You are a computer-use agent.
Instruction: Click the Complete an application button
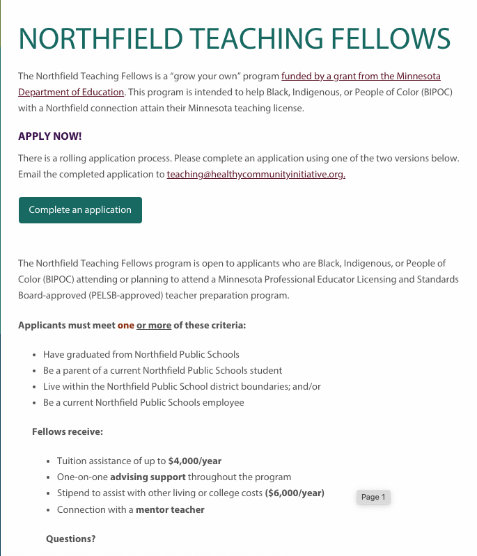[x=80, y=209]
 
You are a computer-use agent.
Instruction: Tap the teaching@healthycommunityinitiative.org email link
[x=256, y=175]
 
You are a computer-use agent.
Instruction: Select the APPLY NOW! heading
[x=50, y=136]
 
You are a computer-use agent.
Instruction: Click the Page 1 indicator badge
[x=373, y=497]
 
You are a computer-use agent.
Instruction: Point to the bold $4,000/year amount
[x=195, y=461]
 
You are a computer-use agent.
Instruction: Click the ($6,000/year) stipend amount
[x=295, y=493]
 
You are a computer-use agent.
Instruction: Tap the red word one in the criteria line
[x=125, y=325]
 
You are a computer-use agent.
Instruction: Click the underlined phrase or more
[x=154, y=325]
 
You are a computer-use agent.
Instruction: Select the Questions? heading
[x=70, y=539]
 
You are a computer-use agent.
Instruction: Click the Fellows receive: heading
[x=68, y=431]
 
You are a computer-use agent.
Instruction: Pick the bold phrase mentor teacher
[x=170, y=509]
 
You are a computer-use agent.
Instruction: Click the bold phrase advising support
[x=148, y=477]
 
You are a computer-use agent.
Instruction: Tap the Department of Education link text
[x=71, y=92]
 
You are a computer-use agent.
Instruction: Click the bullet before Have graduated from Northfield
[x=35, y=354]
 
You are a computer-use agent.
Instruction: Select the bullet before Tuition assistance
[x=49, y=461]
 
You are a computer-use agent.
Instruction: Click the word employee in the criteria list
[x=224, y=402]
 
